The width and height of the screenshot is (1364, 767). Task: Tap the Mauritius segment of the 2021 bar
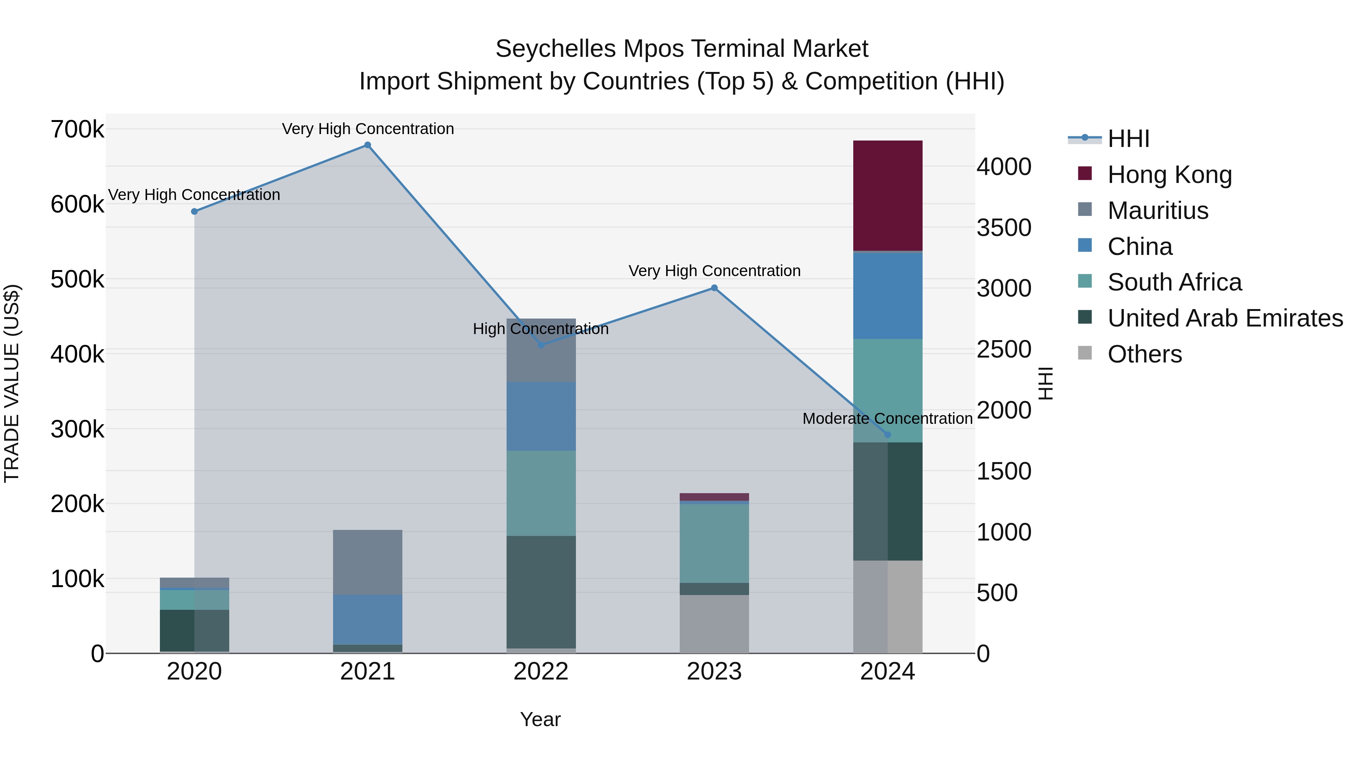[x=368, y=562]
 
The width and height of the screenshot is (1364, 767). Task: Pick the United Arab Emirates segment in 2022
[x=541, y=592]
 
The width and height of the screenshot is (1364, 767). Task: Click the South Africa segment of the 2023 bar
[x=714, y=543]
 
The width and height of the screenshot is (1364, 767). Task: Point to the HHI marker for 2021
[x=368, y=145]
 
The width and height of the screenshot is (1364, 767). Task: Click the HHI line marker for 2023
[x=714, y=288]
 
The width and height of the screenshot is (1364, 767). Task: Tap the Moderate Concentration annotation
[x=887, y=418]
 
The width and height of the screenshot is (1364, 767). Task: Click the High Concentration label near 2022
[x=541, y=329]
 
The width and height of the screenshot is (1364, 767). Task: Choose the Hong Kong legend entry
[x=1169, y=175]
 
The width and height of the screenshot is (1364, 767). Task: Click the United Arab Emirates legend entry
[x=1225, y=318]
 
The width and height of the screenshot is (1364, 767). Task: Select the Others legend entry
[x=1144, y=354]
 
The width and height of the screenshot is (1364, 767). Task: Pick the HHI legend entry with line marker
[x=1128, y=139]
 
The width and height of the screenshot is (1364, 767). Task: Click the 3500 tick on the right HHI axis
[x=1003, y=228]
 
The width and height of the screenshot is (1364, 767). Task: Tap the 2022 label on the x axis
[x=541, y=672]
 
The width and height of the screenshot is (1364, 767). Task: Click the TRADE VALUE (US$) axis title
[x=12, y=383]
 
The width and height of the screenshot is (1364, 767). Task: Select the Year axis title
[x=540, y=719]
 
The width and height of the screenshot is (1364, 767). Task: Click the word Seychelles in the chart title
[x=555, y=49]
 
